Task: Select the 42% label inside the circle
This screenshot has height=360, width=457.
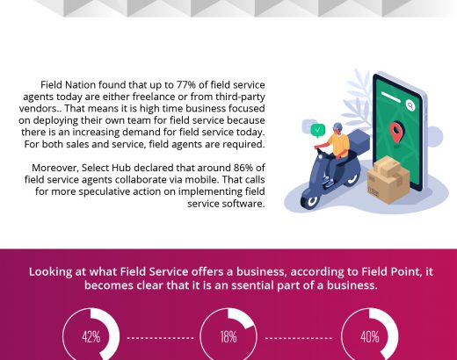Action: pos(91,337)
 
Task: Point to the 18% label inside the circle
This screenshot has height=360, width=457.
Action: pos(228,337)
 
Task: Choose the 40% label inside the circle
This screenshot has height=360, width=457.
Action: pos(369,337)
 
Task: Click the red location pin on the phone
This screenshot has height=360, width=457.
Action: pos(396,132)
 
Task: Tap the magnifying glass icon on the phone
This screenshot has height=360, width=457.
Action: pos(410,105)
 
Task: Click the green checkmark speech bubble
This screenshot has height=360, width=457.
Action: pos(318,131)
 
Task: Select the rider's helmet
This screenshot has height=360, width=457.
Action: pos(337,127)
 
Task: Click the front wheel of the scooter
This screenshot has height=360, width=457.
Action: pos(310,201)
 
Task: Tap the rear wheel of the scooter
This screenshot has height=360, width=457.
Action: pos(351,178)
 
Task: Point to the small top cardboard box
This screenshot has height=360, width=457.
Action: pos(386,166)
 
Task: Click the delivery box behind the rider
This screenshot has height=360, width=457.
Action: pos(357,141)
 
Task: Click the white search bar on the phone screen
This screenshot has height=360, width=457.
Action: pos(391,97)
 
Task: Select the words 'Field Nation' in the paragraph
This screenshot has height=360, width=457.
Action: pos(68,85)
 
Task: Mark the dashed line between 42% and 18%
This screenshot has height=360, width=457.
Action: pos(160,338)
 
